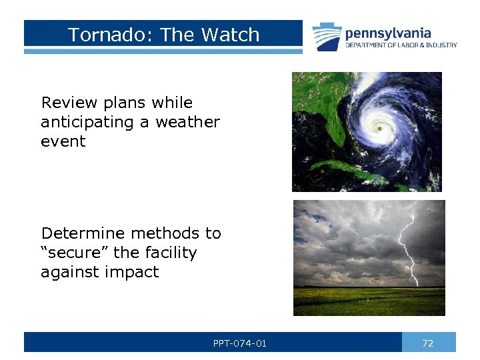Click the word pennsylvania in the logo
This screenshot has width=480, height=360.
[387, 33]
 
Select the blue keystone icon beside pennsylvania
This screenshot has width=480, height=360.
[327, 37]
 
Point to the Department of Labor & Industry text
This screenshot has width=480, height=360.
[401, 45]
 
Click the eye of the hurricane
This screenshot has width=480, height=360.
[379, 127]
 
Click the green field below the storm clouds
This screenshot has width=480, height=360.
[369, 301]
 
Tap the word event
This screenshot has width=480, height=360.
[63, 141]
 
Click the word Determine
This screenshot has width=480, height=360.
[83, 233]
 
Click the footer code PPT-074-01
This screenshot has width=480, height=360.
[239, 343]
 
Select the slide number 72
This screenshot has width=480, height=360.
[428, 343]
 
